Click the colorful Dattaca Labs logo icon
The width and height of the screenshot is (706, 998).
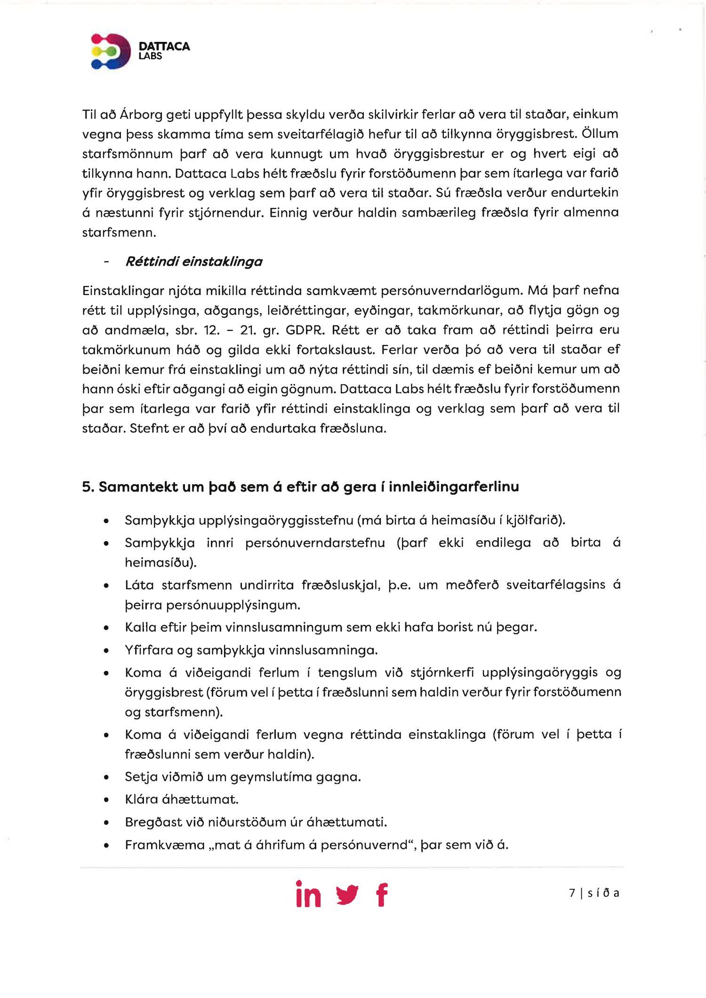tap(111, 51)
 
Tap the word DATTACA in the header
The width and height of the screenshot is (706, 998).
tap(164, 46)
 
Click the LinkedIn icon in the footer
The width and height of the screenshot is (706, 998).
tap(308, 894)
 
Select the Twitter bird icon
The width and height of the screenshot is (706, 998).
tap(347, 894)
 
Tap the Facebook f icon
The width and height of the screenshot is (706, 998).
tap(382, 894)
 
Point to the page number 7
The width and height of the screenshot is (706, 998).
tap(572, 893)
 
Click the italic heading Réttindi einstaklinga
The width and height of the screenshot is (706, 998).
tap(193, 262)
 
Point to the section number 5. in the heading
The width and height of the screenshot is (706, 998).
tap(88, 487)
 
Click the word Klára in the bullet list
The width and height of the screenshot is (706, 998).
tap(141, 799)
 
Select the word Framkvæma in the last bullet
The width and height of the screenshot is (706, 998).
tap(165, 845)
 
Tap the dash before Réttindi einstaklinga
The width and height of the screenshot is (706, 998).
tap(107, 262)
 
